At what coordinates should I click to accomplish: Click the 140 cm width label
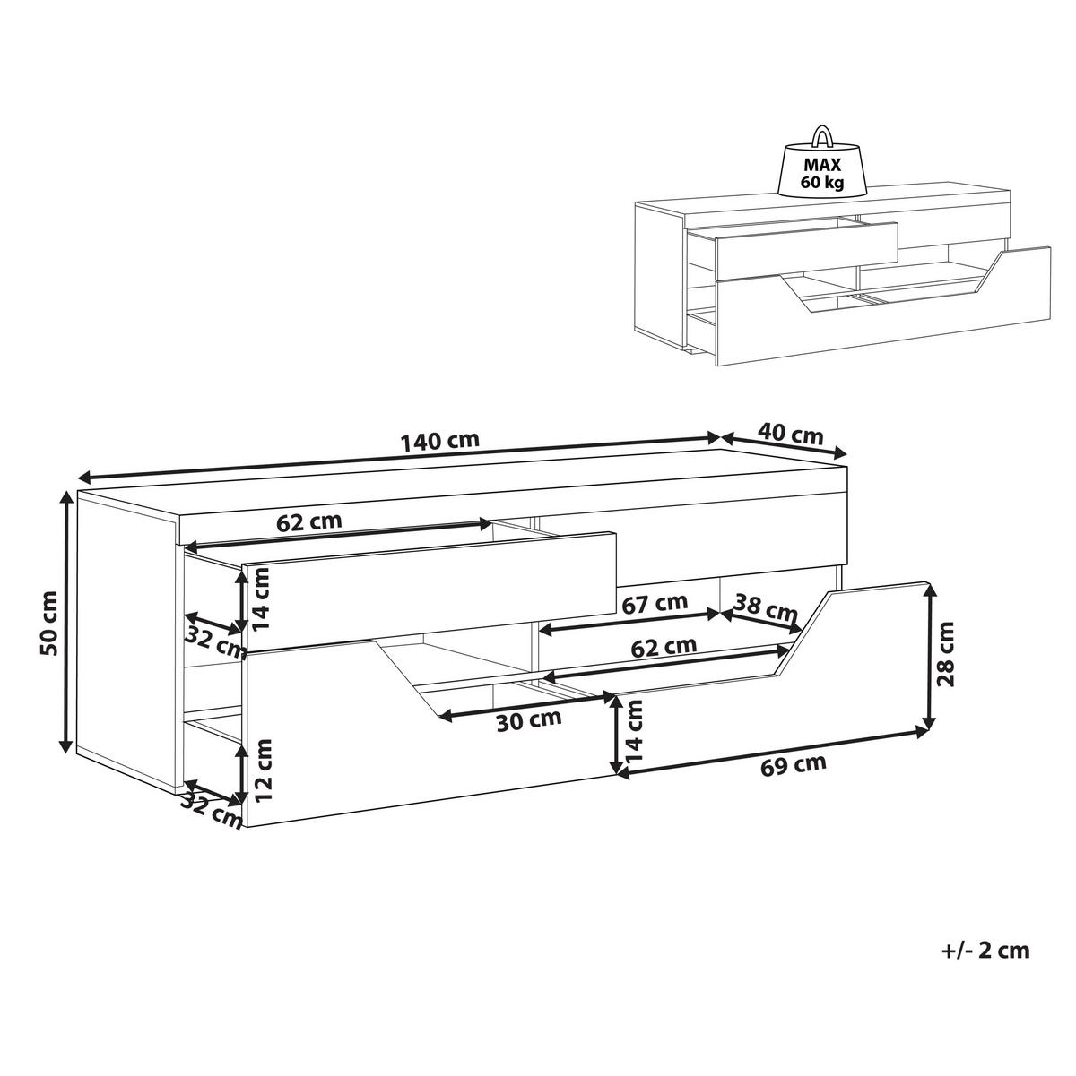pos(440,441)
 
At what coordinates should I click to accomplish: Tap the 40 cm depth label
pos(790,435)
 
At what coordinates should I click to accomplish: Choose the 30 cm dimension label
pos(530,718)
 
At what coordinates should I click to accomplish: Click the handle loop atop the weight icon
pos(820,135)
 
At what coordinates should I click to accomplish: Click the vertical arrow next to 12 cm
pos(242,772)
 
